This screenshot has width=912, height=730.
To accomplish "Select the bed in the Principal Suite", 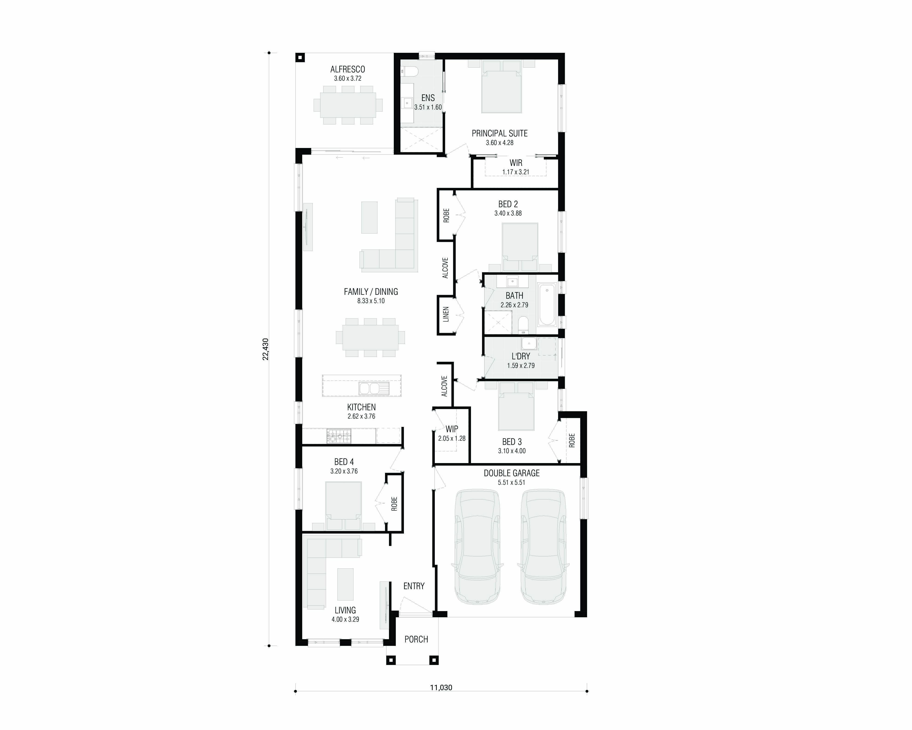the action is click(x=501, y=87).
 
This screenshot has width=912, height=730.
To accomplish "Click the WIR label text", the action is click(x=516, y=163).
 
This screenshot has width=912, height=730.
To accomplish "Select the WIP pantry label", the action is click(x=452, y=429).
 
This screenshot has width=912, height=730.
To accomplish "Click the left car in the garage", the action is click(x=477, y=547).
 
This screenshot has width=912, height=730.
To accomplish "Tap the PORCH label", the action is click(x=416, y=639).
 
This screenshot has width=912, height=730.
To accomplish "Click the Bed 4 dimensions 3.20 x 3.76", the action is click(x=344, y=471).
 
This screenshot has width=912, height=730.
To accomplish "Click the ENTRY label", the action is click(x=414, y=586).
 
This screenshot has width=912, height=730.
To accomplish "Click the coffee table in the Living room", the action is click(x=345, y=584).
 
